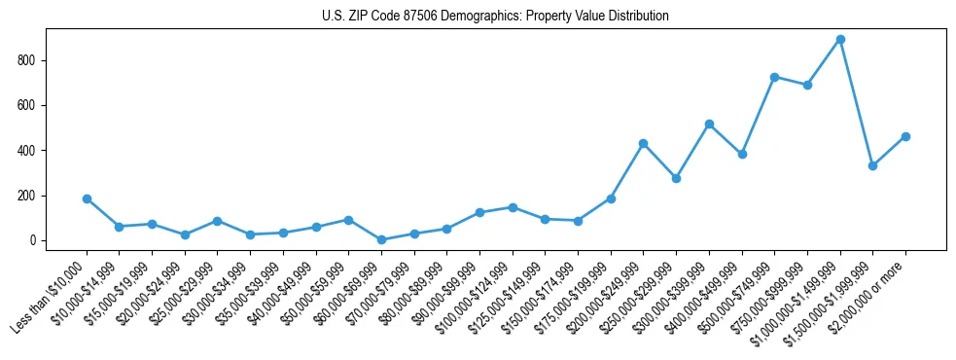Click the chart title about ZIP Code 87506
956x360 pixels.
[x=495, y=17]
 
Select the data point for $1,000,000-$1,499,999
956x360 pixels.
[x=840, y=40]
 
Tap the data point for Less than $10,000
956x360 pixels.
[x=87, y=198]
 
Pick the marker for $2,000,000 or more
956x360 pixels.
[x=905, y=136]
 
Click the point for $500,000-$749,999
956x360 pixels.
[x=774, y=77]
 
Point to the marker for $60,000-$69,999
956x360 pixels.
[x=381, y=239]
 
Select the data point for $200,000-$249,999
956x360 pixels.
[x=643, y=143]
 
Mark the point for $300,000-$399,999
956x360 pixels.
[x=709, y=124]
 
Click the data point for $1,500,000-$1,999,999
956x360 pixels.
[x=872, y=165]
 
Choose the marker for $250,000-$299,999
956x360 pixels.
[x=676, y=178]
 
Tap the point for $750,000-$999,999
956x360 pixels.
[x=807, y=85]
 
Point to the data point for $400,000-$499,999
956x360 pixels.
[x=742, y=154]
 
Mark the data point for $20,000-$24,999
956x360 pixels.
[x=185, y=234]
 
